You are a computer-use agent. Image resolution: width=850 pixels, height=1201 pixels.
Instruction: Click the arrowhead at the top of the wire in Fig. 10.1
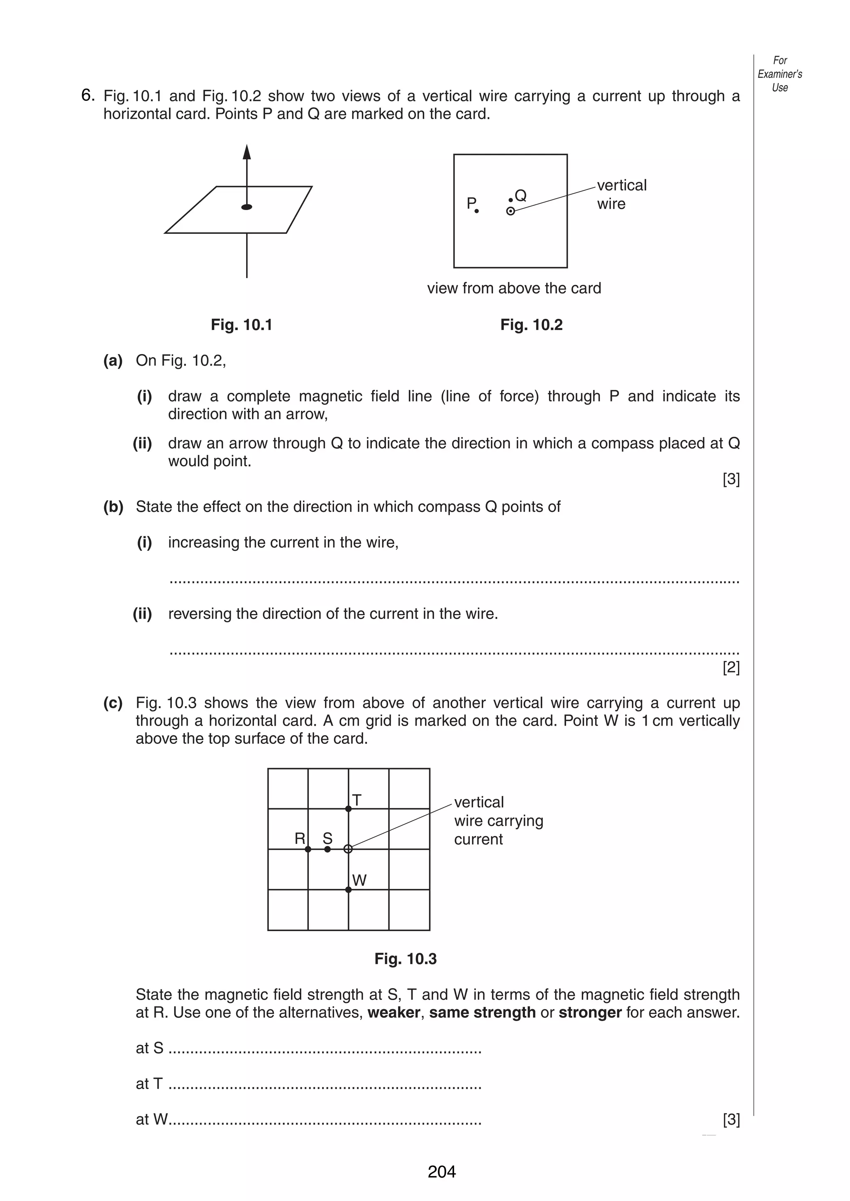tap(247, 152)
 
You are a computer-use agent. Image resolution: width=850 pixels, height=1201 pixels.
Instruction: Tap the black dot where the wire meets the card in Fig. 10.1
tap(247, 207)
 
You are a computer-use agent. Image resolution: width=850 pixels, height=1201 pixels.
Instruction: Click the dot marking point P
tap(476, 211)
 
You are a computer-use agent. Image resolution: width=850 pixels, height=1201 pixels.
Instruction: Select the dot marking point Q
tap(511, 200)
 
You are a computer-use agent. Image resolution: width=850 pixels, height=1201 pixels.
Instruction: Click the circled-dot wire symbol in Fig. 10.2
tap(511, 211)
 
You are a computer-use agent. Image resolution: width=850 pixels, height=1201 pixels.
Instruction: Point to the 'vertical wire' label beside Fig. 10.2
tap(621, 194)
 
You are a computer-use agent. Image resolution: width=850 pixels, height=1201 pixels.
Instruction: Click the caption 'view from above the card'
tap(514, 288)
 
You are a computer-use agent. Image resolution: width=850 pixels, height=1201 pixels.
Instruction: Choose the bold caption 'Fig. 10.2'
tap(531, 325)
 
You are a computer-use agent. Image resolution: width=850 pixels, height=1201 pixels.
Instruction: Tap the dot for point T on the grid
tap(349, 809)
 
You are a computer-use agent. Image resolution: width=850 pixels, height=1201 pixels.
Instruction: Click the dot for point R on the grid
tap(308, 849)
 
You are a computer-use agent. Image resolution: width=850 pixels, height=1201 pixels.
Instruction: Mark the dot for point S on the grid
tap(327, 849)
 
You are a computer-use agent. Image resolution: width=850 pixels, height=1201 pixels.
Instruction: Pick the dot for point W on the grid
tap(349, 890)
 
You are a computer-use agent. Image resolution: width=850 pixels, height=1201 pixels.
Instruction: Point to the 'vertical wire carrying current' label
tap(498, 820)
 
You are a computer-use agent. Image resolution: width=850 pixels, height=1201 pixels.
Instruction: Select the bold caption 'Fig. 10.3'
tap(405, 959)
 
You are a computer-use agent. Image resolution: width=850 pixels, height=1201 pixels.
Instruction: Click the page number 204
tap(442, 1171)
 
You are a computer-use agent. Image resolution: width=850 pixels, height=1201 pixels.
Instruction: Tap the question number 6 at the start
tap(88, 95)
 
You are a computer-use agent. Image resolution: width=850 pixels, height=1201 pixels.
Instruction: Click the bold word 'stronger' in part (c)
tap(590, 1012)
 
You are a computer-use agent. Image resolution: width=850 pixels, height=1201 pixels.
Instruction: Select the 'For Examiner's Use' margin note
tap(779, 74)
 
